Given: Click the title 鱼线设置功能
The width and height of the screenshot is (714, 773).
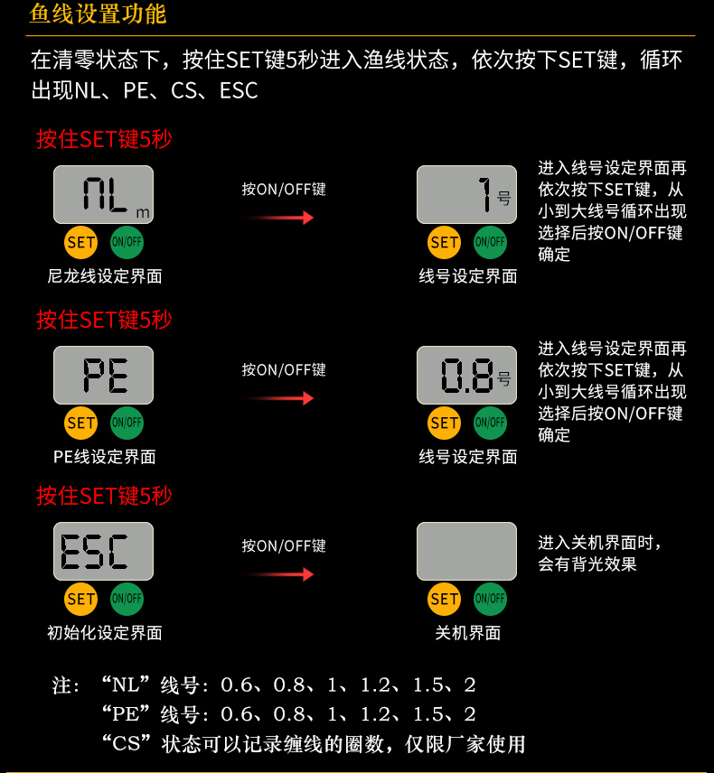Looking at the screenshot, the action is coord(98,14).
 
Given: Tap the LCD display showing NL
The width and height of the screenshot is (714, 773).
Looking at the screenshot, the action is coord(104,195).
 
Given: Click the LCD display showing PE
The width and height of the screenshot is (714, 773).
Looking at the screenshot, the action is coord(104,375).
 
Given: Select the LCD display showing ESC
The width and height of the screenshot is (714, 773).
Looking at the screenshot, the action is coord(104,551).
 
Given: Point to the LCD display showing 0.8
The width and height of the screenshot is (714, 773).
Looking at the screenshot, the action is coord(466,375).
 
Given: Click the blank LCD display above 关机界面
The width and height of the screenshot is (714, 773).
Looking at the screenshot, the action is coord(466,551).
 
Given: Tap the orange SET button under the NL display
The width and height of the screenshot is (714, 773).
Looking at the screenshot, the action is coord(81,243).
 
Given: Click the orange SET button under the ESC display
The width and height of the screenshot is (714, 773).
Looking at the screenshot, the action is coord(81,599).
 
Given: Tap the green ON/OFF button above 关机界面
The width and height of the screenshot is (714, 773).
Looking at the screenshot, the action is coord(490,599).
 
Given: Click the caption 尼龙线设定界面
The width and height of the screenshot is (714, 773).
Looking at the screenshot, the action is coord(105,276).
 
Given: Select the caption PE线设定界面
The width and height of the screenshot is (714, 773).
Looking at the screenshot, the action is coord(105,457).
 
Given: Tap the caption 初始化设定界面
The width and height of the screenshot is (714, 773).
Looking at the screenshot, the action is coord(105,633).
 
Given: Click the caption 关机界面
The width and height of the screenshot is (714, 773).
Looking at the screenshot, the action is coord(468,633).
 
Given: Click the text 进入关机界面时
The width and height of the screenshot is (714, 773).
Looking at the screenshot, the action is coord(595,543).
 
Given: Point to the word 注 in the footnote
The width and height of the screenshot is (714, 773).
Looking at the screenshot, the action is coord(61,685).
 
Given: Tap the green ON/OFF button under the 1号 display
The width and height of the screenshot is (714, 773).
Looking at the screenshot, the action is coord(490,243).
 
